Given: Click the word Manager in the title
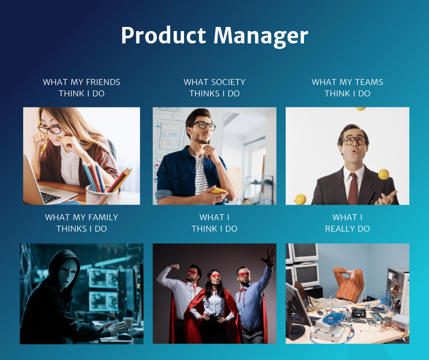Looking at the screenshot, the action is coord(261,36).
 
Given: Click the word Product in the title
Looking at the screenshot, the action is coord(163,35).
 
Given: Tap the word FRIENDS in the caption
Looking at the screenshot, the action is coord(103,82).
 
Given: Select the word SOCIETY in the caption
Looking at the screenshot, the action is coord(228,82).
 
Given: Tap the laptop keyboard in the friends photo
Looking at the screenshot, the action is coord(51,196).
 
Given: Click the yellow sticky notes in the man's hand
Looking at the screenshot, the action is coord(218,191).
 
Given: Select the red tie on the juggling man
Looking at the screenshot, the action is coord(353,189).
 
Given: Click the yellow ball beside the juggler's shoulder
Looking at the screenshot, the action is coord(383,174).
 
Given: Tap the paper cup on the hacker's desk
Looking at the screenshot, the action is coord(128,323).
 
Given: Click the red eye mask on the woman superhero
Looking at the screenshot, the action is coord(214,276).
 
